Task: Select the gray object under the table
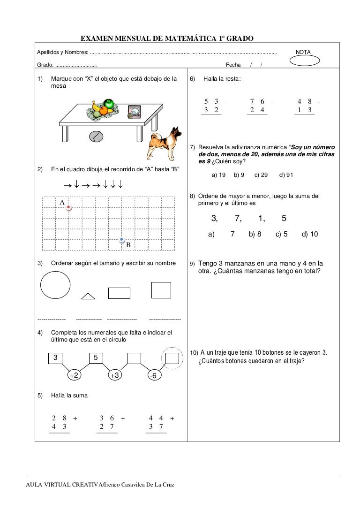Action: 95,136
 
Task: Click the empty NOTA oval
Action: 305,61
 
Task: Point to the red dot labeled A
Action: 69,207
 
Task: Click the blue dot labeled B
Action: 122,240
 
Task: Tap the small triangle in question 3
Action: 88,296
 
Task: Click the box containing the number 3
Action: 55,358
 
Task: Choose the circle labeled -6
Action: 153,376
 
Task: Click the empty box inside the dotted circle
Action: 172,358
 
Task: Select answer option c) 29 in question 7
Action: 261,175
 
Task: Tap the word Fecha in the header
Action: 233,65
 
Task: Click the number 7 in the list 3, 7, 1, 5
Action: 238,218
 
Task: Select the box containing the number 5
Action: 96,358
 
